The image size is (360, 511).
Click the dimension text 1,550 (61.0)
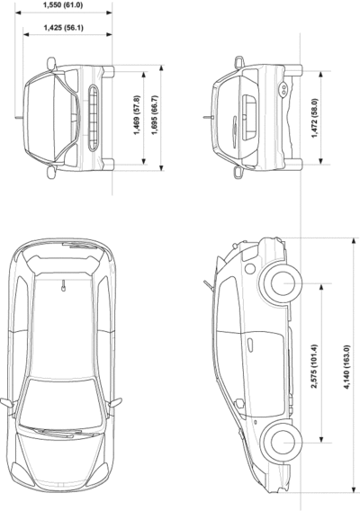(63, 5)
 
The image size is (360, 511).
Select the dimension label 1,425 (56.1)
(64, 28)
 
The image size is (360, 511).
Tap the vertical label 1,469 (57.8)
(137, 115)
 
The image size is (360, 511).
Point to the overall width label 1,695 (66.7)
(155, 115)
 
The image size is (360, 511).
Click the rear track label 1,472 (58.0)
(314, 118)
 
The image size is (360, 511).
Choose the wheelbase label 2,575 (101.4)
(314, 366)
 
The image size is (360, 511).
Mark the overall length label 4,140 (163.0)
(347, 367)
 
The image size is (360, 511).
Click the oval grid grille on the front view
(93, 118)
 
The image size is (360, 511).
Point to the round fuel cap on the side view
(250, 268)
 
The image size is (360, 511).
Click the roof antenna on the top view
(64, 285)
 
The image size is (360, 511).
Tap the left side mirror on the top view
(8, 403)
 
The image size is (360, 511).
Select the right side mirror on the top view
(115, 402)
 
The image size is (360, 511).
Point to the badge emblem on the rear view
(235, 129)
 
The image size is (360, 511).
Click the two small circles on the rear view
(283, 89)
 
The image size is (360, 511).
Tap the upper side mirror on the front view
(51, 64)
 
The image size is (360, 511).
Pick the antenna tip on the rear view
(204, 117)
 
